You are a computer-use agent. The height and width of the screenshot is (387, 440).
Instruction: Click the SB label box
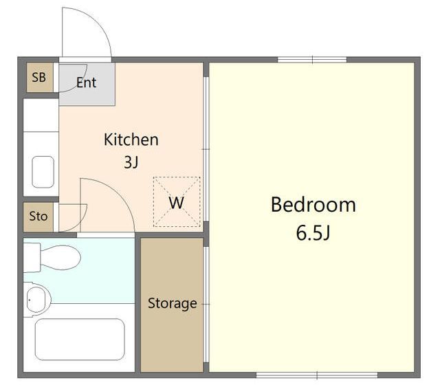click(x=40, y=77)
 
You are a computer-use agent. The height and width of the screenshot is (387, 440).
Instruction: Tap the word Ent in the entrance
click(x=87, y=82)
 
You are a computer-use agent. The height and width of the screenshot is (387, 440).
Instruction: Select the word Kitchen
click(x=131, y=140)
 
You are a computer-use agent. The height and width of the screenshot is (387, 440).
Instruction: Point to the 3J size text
click(x=131, y=162)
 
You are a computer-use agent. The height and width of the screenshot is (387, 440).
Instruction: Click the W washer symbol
click(x=177, y=202)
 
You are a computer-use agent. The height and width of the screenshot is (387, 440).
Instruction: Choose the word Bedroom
click(x=313, y=205)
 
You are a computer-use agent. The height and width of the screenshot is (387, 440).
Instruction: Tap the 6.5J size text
click(x=313, y=232)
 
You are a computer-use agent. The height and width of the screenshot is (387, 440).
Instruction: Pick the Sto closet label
click(x=38, y=217)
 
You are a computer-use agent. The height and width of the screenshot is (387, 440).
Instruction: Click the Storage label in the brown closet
click(x=173, y=304)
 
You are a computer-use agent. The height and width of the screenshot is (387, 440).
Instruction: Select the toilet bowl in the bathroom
click(x=60, y=257)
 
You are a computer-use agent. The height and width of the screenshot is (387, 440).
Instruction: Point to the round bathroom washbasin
click(x=38, y=300)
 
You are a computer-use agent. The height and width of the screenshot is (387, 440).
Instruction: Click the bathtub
click(x=80, y=340)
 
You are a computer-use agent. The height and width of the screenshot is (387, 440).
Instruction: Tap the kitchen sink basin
click(x=43, y=172)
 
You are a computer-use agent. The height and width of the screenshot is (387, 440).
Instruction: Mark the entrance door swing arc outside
click(x=97, y=22)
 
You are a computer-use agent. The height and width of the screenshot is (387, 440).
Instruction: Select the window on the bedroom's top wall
click(x=312, y=60)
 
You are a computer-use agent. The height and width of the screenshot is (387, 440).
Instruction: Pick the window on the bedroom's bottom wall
click(x=317, y=375)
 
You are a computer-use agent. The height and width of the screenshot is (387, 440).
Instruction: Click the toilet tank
click(x=32, y=258)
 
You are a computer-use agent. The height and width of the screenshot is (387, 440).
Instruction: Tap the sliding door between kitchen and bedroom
click(x=206, y=149)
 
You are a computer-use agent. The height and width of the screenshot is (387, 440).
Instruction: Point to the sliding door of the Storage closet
click(x=206, y=305)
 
